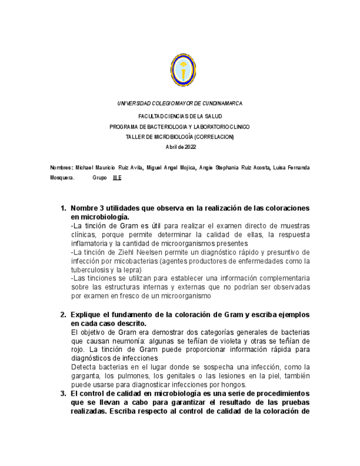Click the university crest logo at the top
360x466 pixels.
183,69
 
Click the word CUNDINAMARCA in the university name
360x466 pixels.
222,103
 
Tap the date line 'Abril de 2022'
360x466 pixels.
180,147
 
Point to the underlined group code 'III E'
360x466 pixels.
117,178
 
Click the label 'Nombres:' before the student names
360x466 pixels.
61,167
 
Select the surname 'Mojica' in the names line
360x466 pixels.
185,167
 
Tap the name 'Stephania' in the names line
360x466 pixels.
228,167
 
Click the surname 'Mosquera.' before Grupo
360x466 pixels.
62,178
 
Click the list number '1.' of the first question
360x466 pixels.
64,208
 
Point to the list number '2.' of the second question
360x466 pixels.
64,314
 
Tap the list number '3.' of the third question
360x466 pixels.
64,393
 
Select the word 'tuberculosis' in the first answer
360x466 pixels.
90,270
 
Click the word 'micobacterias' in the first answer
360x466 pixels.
131,261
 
